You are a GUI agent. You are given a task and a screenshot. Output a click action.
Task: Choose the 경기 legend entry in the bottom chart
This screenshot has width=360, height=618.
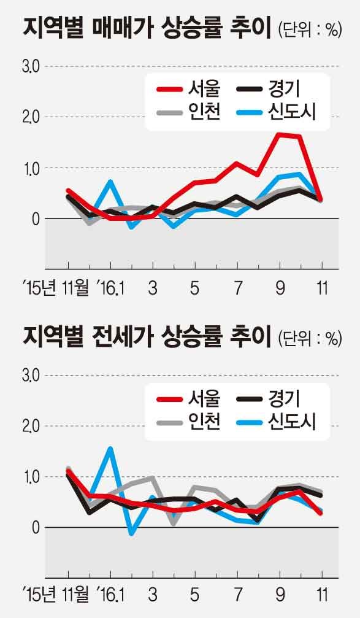point(269,399)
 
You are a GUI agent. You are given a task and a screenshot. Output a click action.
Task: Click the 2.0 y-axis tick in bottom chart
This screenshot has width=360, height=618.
point(30,426)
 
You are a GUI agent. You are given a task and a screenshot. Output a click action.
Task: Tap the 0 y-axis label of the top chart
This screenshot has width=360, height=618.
point(36,218)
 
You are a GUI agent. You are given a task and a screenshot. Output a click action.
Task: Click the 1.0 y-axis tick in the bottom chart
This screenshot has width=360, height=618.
point(30,477)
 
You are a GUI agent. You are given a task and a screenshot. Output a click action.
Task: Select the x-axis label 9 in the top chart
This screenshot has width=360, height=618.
point(280,288)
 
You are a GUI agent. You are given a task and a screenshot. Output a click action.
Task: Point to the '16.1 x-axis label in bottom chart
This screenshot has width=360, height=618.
point(111,595)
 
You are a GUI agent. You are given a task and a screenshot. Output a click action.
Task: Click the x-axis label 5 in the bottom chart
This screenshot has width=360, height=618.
point(194,595)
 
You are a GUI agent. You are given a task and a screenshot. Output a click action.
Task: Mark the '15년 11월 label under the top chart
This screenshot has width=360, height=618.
point(56,288)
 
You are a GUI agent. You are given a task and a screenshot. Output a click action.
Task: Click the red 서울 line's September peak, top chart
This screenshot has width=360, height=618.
point(280,135)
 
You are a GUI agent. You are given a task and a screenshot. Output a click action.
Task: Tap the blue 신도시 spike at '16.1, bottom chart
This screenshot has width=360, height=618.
point(110,449)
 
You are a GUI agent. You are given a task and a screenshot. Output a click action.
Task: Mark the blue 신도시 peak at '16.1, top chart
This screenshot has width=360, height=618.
point(110,182)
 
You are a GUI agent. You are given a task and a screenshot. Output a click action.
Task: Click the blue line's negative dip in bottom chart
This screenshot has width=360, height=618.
point(132,533)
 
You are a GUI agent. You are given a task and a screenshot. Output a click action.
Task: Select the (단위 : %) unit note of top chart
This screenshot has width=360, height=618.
point(309,30)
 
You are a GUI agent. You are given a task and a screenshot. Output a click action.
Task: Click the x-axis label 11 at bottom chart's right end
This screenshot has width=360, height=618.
point(322,595)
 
